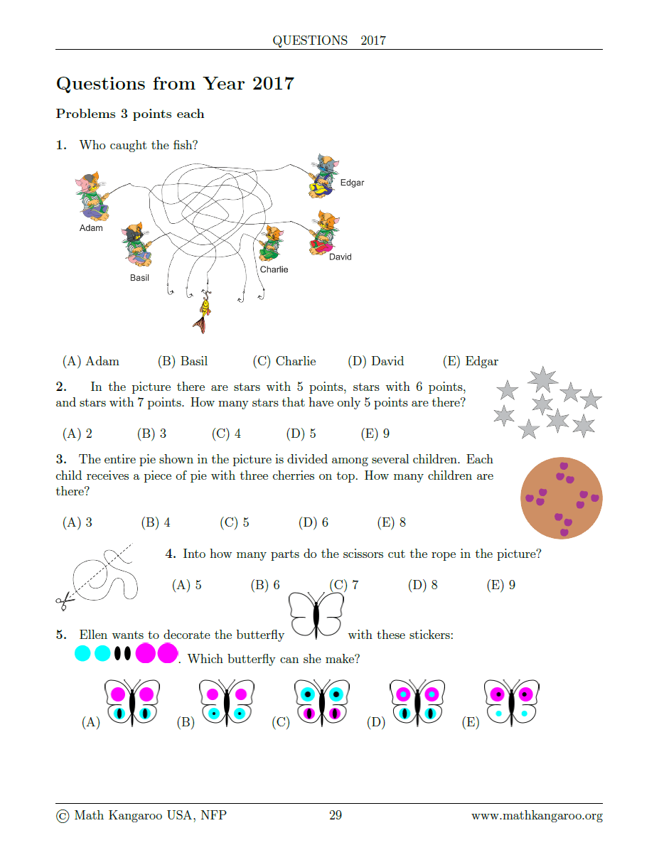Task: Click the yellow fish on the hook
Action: (203, 313)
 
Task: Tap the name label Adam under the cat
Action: (91, 228)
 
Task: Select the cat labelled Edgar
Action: (322, 176)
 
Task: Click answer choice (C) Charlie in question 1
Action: (284, 361)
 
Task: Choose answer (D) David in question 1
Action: (376, 361)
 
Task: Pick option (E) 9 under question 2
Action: (375, 434)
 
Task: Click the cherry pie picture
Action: (562, 498)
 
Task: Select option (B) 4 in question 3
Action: (156, 522)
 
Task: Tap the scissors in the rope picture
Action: (64, 601)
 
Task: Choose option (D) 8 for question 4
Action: (423, 585)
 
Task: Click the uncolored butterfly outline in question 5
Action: (316, 615)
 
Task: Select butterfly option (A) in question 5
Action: (132, 703)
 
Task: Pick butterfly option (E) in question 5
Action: (511, 703)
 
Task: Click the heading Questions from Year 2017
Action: (175, 84)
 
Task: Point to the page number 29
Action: (336, 815)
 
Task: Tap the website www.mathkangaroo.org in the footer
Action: (537, 816)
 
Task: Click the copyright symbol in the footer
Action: (63, 816)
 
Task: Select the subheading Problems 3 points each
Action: (130, 114)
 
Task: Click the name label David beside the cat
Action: (341, 257)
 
